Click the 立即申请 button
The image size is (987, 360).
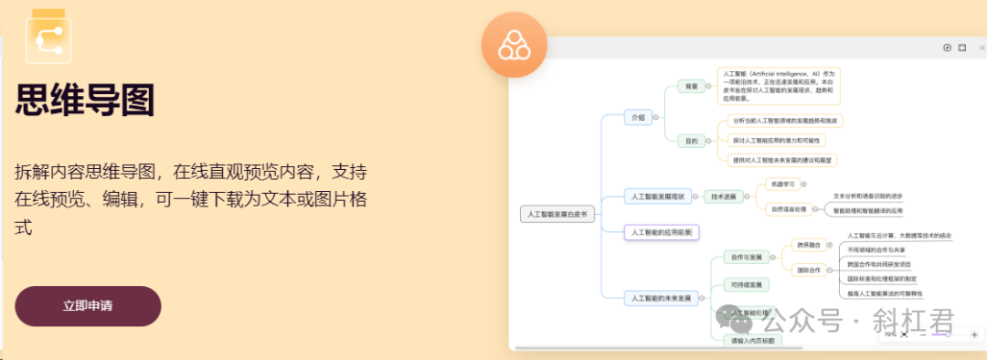pos(88,306)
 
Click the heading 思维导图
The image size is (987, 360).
pos(84,100)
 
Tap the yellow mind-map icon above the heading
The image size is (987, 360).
pos(48,37)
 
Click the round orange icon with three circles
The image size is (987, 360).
pos(514,46)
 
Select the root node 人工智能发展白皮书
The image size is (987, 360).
pos(557,215)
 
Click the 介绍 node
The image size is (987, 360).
pos(636,117)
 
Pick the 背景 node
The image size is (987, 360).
pos(691,87)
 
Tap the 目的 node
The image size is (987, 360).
pos(691,142)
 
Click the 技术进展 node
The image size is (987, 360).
pos(724,196)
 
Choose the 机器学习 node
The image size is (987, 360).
pos(783,183)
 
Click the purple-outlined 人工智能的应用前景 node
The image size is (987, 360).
pos(661,233)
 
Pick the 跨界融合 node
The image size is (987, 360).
pos(808,245)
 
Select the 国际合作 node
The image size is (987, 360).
pos(808,270)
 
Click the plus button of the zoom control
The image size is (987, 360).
pos(974,335)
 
